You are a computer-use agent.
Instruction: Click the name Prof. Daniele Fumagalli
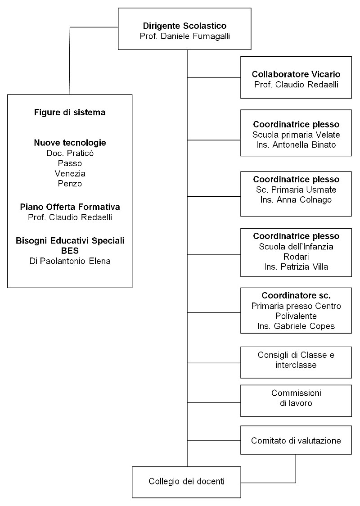click(184, 36)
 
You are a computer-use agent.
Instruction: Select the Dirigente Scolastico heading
click(184, 26)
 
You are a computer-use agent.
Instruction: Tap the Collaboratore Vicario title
click(296, 74)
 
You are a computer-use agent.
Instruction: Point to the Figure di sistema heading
click(70, 112)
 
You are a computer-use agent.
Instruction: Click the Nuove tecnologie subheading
click(70, 143)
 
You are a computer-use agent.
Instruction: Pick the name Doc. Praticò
click(70, 153)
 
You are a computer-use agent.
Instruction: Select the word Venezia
click(70, 173)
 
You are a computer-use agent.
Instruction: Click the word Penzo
click(70, 183)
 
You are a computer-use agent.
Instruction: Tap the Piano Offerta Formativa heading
click(70, 207)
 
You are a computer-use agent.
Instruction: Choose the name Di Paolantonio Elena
click(70, 261)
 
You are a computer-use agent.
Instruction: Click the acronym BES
click(70, 251)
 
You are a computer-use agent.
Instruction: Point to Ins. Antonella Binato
click(296, 145)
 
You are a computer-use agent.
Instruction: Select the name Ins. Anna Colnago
click(296, 200)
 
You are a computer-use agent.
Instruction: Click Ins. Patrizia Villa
click(296, 267)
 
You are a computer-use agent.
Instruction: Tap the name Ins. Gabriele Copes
click(296, 326)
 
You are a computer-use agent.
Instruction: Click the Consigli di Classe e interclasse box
click(296, 362)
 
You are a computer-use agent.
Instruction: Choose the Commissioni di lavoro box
click(296, 401)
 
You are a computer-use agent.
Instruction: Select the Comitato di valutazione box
click(296, 440)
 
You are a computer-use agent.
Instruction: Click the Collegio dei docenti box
click(186, 482)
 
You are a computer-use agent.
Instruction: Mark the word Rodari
click(296, 257)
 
